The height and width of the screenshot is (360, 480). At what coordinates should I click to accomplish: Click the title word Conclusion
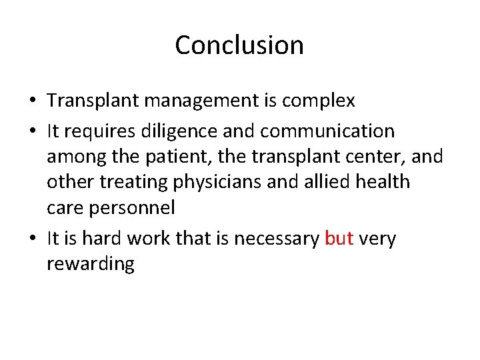click(239, 45)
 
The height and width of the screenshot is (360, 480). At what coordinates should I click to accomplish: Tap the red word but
click(339, 239)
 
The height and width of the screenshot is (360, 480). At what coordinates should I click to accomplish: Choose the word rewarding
click(91, 265)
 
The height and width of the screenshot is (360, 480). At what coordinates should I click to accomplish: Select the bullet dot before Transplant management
click(33, 102)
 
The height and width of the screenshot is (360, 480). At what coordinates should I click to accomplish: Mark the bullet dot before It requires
click(33, 131)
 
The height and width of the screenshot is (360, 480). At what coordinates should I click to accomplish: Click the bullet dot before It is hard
click(33, 239)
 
